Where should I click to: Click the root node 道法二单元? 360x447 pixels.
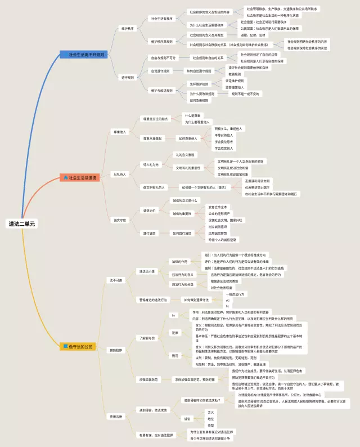[x=21, y=223]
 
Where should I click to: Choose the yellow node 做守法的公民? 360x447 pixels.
[x=78, y=346]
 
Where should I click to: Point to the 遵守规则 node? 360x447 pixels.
[x=128, y=77]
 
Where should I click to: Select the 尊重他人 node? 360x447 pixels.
[x=120, y=132]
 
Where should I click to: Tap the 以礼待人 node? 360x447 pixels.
[x=119, y=175]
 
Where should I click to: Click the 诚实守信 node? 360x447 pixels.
[x=120, y=220]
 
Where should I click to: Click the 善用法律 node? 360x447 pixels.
[x=115, y=417]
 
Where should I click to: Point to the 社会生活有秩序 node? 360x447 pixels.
[x=162, y=18]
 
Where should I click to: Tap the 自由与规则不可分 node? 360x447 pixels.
[x=163, y=57]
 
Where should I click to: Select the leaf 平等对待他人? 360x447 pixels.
[x=223, y=135]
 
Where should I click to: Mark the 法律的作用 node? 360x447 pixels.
[x=179, y=262]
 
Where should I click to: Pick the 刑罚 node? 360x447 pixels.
[x=174, y=355]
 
